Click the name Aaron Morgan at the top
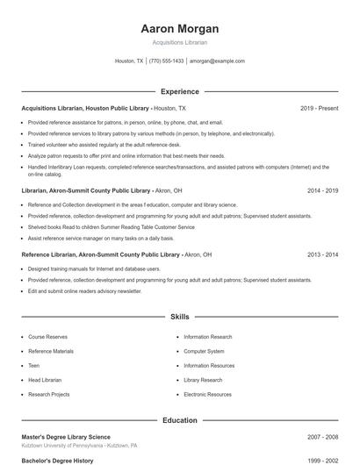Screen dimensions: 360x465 point(179,28)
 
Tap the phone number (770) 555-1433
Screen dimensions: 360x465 point(167,61)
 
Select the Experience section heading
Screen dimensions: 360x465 point(179,91)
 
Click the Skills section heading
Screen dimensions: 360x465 point(179,315)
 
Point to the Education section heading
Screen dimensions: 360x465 point(179,420)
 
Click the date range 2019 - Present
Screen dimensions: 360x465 point(319,108)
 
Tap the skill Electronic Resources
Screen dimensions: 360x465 point(208,395)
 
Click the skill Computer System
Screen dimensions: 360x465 point(203,351)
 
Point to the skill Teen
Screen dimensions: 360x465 point(34,366)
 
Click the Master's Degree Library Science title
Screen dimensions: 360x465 point(66,436)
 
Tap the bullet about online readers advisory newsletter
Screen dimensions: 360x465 point(84,291)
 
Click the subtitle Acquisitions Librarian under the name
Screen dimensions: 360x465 point(179,42)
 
